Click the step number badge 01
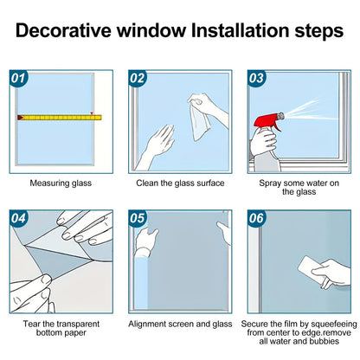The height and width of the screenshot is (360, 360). (x=18, y=78)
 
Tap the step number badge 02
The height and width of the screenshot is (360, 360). (x=138, y=78)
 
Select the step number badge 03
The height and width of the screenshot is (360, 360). (x=256, y=78)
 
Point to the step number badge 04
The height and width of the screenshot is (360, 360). (x=18, y=218)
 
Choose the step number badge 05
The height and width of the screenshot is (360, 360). (x=138, y=218)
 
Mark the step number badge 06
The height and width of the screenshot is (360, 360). (x=256, y=218)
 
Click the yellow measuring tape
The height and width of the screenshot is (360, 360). (x=60, y=118)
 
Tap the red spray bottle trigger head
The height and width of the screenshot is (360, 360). (x=267, y=121)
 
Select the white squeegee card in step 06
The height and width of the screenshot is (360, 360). (x=310, y=269)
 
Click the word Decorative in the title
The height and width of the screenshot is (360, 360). (x=63, y=30)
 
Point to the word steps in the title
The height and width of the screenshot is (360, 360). (x=319, y=31)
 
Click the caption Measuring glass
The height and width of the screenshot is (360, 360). (x=61, y=183)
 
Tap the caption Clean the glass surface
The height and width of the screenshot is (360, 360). (x=180, y=183)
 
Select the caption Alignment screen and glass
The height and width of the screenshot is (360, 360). (x=180, y=324)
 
